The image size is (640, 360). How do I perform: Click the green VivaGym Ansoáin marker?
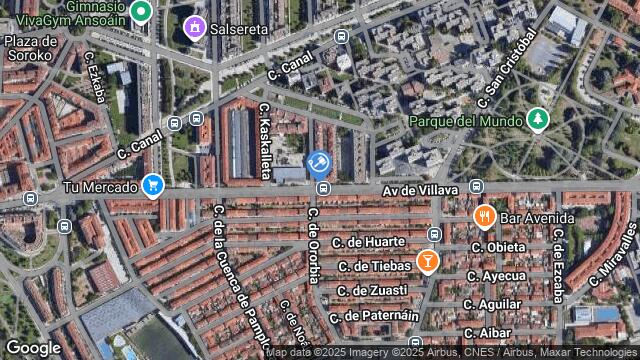point(141,13)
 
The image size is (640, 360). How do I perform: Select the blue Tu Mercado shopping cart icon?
point(153,185)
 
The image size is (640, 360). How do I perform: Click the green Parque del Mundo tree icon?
point(538,120)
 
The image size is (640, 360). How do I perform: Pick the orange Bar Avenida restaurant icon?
point(485,217)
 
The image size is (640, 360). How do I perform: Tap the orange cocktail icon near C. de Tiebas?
point(428,262)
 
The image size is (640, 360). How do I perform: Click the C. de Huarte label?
point(369,242)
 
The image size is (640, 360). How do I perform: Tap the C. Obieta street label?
point(498,247)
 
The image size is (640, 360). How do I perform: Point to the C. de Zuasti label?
point(373,290)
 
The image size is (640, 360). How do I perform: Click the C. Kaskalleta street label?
point(265,141)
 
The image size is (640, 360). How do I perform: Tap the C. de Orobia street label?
point(313,245)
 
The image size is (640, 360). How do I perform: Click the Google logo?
point(33,347)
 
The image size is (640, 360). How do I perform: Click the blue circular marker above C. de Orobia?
point(319,161)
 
